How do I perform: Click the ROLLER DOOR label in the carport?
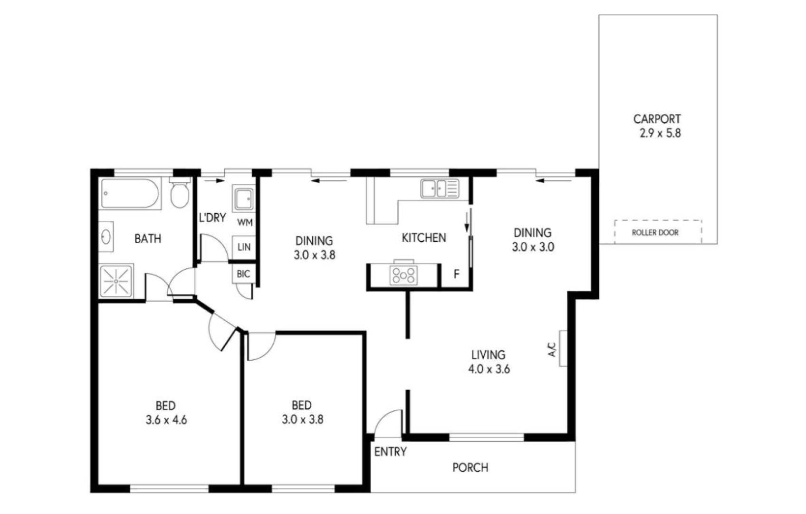click(655, 232)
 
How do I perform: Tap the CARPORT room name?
click(657, 119)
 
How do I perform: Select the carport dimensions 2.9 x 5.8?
click(660, 133)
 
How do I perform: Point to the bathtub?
click(130, 193)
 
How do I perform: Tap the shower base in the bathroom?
click(116, 281)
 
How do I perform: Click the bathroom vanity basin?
click(106, 237)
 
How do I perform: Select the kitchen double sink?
click(440, 188)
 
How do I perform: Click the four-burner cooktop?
click(403, 276)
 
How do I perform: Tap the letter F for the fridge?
click(456, 274)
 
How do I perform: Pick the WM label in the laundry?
click(245, 222)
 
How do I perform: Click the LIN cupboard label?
click(244, 247)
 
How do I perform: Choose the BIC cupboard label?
click(243, 274)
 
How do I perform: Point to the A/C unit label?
click(552, 349)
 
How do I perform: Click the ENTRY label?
click(391, 452)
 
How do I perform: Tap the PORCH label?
click(470, 467)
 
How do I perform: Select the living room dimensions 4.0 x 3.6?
click(489, 369)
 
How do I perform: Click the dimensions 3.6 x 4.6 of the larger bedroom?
click(166, 420)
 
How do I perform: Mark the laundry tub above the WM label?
click(244, 198)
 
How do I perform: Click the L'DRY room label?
click(212, 217)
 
